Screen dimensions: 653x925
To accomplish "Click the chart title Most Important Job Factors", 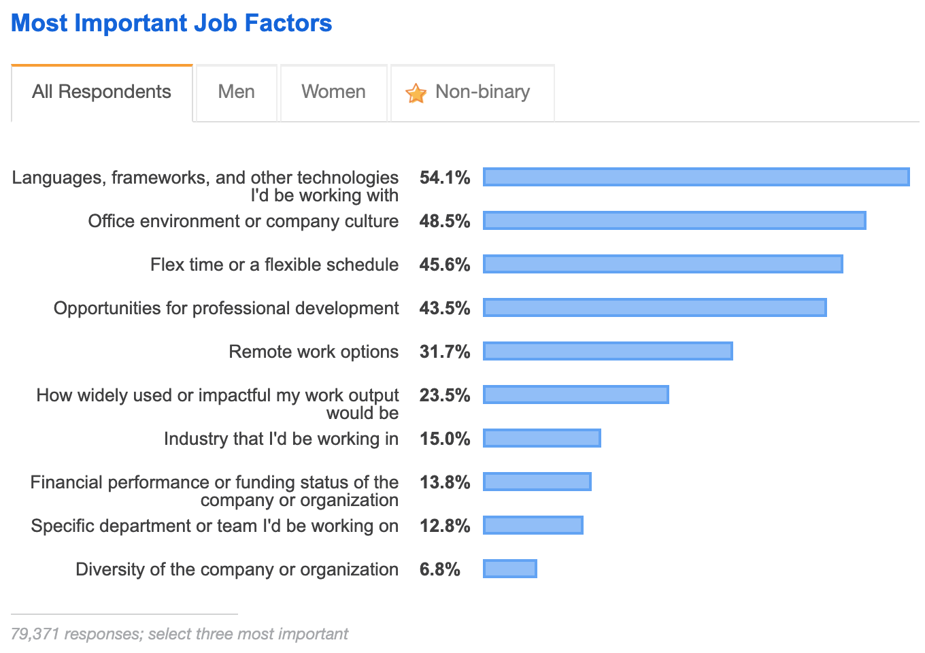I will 171,23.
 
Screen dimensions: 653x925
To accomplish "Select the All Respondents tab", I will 102,92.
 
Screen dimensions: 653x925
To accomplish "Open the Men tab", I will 236,92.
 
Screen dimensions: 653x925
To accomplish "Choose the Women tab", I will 333,92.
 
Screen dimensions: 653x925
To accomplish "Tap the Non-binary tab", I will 482,92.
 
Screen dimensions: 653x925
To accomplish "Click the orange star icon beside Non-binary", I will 416,93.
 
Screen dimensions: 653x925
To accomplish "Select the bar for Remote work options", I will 607,351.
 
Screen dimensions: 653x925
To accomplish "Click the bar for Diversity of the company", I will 509,569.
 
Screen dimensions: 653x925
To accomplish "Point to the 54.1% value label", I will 445,178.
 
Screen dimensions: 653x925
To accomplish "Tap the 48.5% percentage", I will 445,221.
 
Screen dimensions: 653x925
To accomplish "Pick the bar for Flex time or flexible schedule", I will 662,264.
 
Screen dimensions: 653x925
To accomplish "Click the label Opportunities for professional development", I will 226,308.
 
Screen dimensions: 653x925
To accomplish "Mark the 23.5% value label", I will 445,395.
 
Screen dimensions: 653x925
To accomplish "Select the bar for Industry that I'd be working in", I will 541,438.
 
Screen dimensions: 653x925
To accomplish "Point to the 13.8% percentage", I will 445,482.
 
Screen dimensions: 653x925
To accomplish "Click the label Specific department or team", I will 214,526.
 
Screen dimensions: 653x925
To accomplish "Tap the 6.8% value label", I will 439,569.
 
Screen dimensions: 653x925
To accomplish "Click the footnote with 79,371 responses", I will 180,634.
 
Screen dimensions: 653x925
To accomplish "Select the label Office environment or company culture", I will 243,221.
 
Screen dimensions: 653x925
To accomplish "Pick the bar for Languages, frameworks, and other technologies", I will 696,177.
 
